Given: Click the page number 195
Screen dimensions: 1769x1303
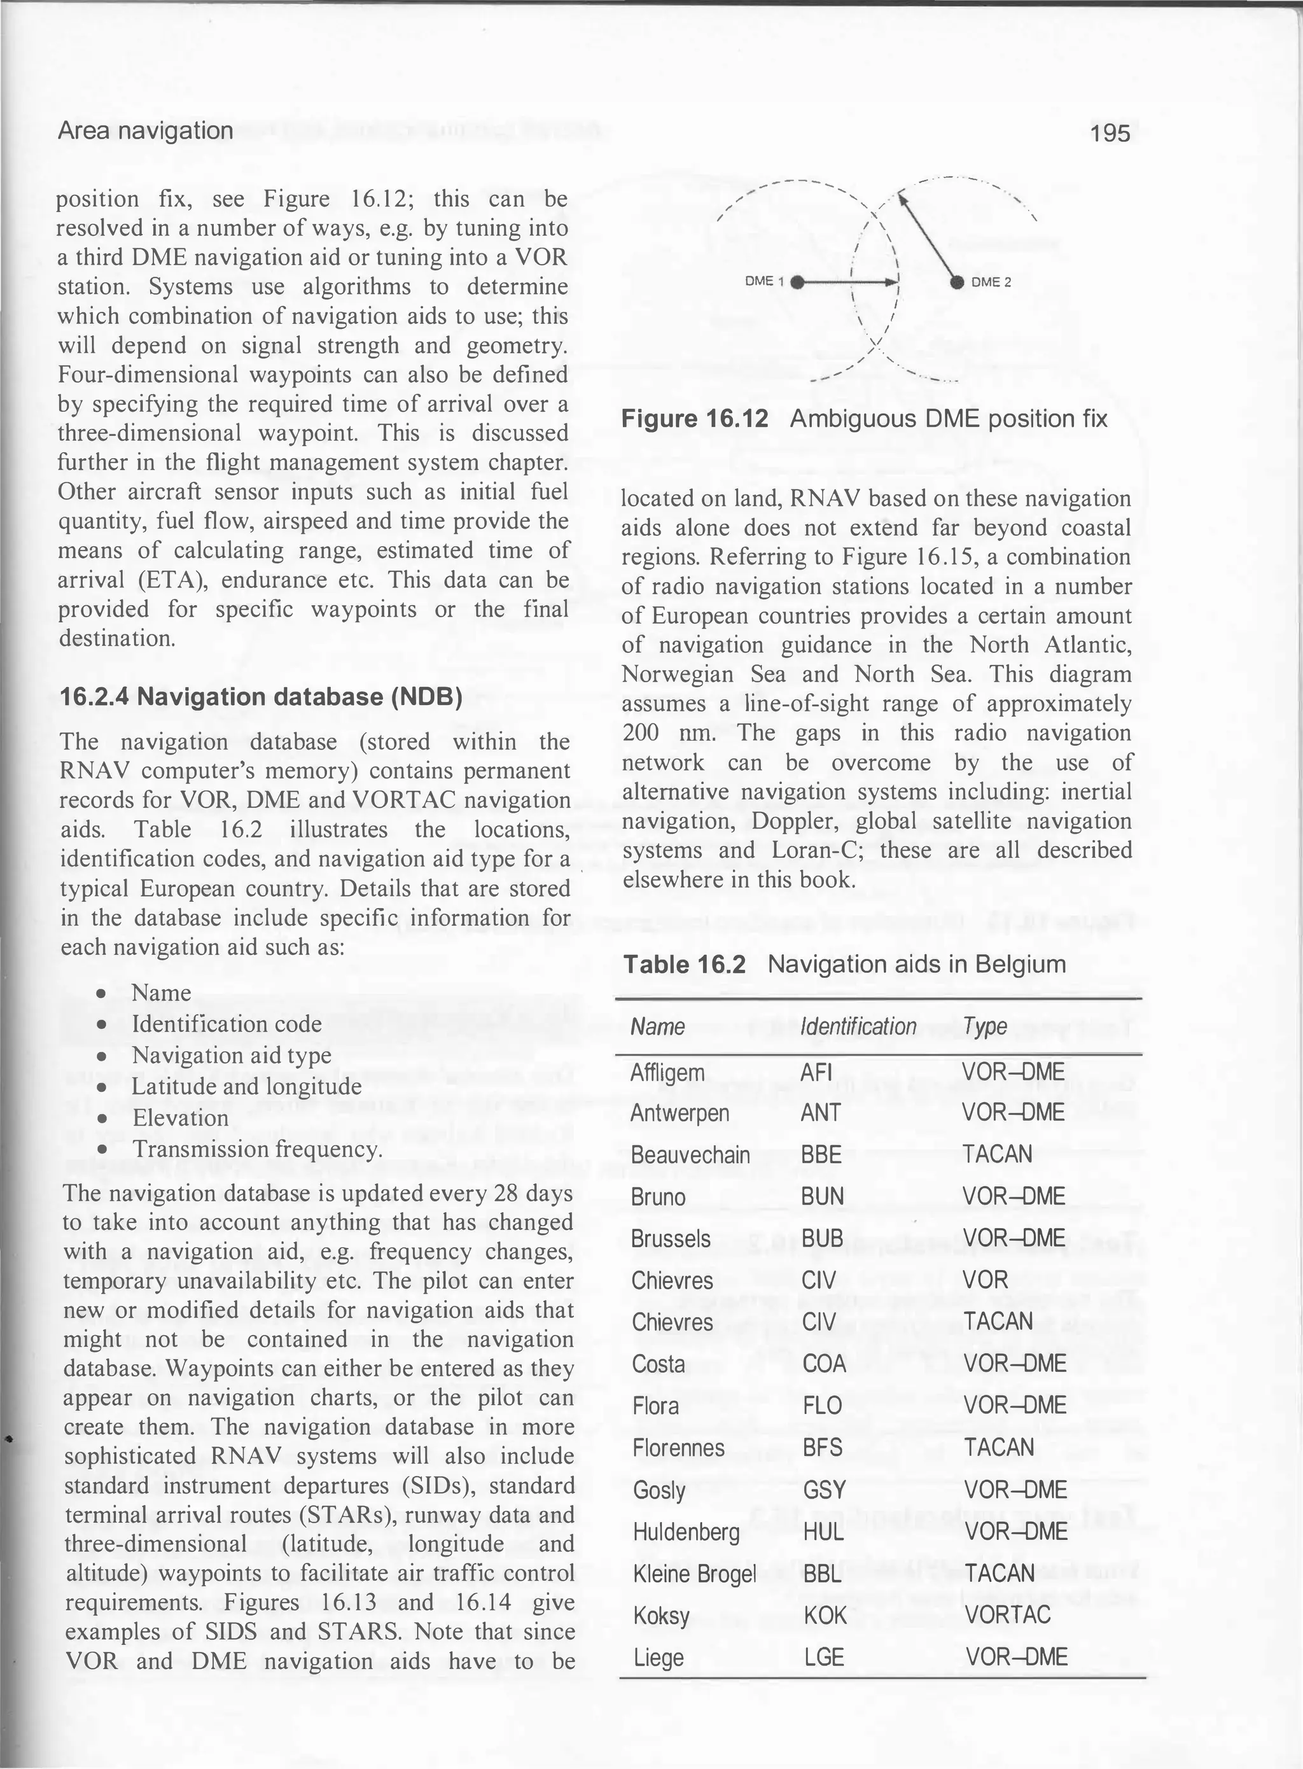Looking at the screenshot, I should coord(1111,132).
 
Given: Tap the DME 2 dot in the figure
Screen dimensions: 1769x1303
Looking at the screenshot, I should coord(957,281).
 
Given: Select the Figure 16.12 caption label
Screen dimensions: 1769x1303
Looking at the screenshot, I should coord(694,419).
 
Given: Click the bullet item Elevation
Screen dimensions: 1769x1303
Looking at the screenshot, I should coord(180,1117).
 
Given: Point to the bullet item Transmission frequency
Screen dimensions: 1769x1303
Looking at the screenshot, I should coord(257,1149).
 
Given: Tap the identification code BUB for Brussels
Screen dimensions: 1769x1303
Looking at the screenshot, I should coord(822,1238).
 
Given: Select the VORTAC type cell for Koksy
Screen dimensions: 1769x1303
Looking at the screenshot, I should coord(1007,1614).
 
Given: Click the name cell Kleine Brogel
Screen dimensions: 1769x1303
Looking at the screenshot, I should coord(694,1574).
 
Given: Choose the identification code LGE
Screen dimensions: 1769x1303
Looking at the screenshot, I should coord(823,1657).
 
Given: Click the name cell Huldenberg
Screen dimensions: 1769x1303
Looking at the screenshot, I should coord(686,1532).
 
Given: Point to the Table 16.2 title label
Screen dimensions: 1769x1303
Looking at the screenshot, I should coord(684,965).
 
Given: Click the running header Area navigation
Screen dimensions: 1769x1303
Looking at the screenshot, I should coord(145,130).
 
